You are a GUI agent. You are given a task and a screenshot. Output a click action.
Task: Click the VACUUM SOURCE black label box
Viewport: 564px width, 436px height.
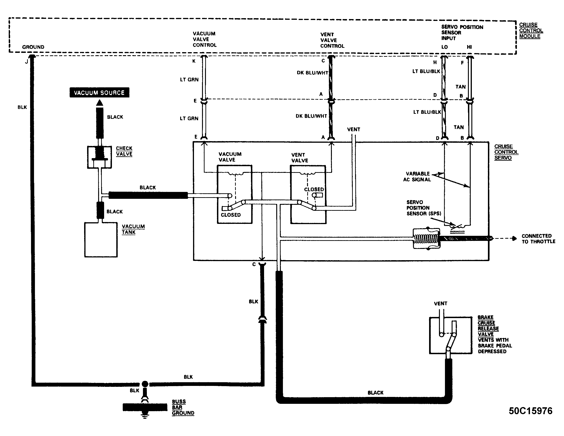coord(100,92)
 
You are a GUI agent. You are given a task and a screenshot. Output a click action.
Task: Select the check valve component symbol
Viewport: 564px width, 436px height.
coord(100,157)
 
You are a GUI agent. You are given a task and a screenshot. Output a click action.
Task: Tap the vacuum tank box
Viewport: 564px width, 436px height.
coord(101,240)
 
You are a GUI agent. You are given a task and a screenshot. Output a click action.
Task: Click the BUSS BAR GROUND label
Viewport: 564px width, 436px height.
coord(183,407)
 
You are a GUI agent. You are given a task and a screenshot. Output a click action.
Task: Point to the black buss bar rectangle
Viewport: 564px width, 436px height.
coord(145,407)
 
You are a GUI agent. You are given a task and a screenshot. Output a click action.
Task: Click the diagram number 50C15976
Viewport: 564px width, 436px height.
coord(530,411)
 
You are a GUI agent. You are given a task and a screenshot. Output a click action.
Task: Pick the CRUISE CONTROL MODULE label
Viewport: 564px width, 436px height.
coord(531,31)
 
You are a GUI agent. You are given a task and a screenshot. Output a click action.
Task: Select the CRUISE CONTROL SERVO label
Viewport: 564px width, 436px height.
coord(506,152)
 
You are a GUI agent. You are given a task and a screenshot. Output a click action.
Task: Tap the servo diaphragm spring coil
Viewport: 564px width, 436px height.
coord(426,239)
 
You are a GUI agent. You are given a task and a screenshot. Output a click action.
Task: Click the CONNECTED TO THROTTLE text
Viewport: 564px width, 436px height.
coord(538,239)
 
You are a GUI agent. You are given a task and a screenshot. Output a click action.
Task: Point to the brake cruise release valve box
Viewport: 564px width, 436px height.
coord(451,335)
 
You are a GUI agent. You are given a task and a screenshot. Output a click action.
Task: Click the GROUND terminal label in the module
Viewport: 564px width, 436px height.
coord(33,47)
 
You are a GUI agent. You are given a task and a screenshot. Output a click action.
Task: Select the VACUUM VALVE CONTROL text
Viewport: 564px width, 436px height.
coord(205,39)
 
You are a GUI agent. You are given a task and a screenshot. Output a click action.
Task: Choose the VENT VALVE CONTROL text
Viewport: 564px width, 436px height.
coord(332,40)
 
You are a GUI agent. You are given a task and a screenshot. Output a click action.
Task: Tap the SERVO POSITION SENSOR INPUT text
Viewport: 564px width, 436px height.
coord(462,33)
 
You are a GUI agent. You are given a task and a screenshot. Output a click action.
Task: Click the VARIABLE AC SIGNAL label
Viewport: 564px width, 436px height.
coord(417,177)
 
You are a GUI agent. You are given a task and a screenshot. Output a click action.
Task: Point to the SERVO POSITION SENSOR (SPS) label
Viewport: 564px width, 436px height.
coord(424,208)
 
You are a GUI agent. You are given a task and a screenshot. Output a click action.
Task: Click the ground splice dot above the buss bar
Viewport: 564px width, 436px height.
coord(145,384)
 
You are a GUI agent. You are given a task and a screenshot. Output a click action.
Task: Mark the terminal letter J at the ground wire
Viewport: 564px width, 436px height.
coord(26,62)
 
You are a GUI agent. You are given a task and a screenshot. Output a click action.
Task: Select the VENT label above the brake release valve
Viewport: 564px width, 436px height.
coord(441,303)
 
